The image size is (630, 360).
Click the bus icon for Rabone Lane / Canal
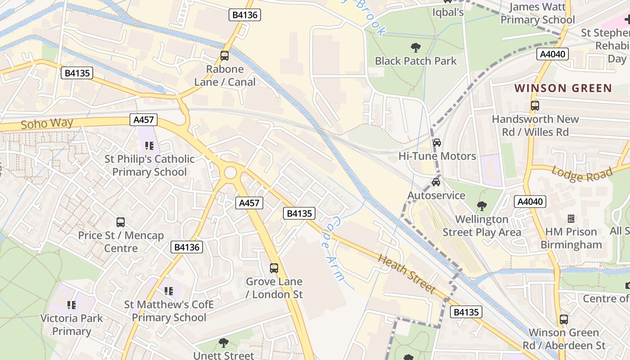[224, 56]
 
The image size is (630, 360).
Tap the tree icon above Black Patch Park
[415, 47]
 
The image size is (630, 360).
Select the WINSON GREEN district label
[563, 88]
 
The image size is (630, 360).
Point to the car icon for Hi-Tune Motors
[436, 143]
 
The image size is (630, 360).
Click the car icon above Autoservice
[436, 182]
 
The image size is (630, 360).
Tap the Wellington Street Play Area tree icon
[481, 206]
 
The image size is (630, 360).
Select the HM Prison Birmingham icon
[571, 219]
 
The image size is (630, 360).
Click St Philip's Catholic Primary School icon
[149, 145]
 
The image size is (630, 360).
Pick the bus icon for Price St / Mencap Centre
[121, 222]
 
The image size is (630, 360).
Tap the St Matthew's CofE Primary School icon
[169, 291]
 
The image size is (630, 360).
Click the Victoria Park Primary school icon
[72, 305]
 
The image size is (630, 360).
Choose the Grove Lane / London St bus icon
[274, 268]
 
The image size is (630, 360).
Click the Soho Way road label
[47, 123]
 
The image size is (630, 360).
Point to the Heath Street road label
[407, 274]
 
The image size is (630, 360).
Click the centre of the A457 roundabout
[230, 173]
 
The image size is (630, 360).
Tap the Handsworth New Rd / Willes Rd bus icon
[535, 106]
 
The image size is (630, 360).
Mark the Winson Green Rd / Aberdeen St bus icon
[563, 319]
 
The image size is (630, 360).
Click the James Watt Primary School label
[537, 13]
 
